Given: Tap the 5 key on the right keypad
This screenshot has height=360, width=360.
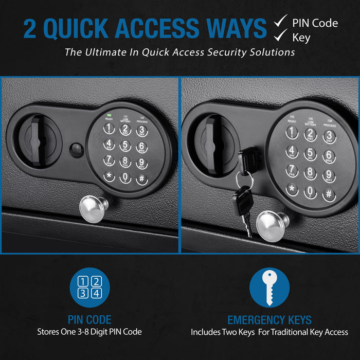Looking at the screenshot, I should coord(310,154).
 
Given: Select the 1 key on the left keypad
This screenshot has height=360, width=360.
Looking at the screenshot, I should coord(110,129).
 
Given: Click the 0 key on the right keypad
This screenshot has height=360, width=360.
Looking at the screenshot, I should coord(310,192).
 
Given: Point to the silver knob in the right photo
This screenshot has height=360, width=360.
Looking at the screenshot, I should coord(273,224).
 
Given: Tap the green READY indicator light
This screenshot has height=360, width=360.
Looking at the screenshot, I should coord(109,115).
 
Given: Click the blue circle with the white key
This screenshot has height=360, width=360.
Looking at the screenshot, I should coord(269,287).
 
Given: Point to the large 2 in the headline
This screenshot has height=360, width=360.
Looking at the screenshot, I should coord(30,29).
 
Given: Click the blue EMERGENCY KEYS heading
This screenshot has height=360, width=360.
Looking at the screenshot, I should coord(269,320).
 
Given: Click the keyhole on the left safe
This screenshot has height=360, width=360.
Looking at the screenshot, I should coord(77,151).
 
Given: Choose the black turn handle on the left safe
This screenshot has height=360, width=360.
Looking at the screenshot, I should coord(35,141).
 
